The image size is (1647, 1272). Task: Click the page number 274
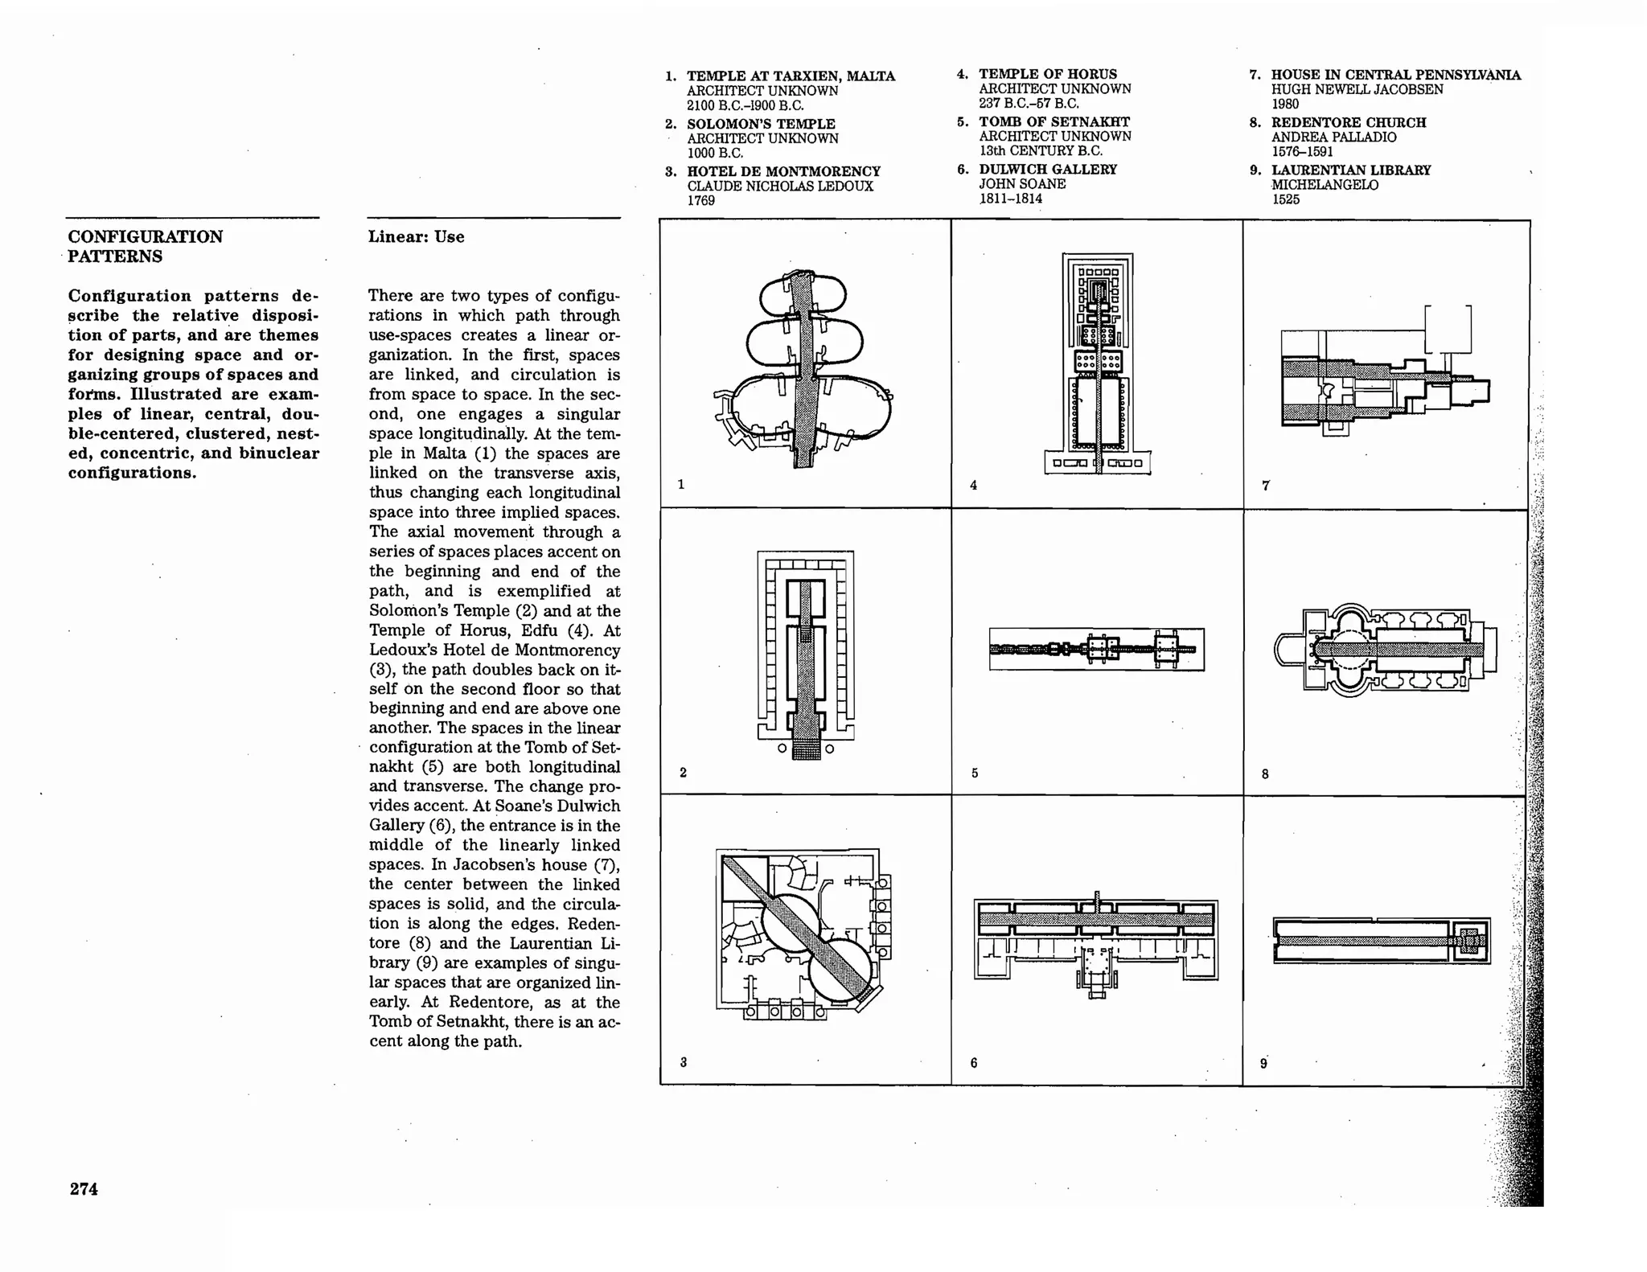[84, 1188]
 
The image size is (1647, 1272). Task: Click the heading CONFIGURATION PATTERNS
[145, 246]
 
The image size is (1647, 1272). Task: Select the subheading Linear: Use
[416, 236]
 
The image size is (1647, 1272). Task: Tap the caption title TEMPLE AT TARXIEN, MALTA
[790, 76]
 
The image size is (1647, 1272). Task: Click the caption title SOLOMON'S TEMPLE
[760, 124]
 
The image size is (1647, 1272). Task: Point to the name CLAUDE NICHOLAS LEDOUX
[779, 187]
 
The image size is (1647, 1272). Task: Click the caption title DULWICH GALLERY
[1047, 170]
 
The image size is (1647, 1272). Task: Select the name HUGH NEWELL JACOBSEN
[1356, 89]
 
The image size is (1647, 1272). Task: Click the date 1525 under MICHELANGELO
[1285, 199]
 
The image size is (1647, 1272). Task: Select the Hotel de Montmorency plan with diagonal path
[802, 933]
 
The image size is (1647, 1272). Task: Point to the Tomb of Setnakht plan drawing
[1096, 649]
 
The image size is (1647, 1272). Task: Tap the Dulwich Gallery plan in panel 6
[1096, 941]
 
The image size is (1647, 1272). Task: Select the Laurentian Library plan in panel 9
[1382, 941]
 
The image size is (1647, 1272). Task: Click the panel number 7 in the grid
[1266, 486]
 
